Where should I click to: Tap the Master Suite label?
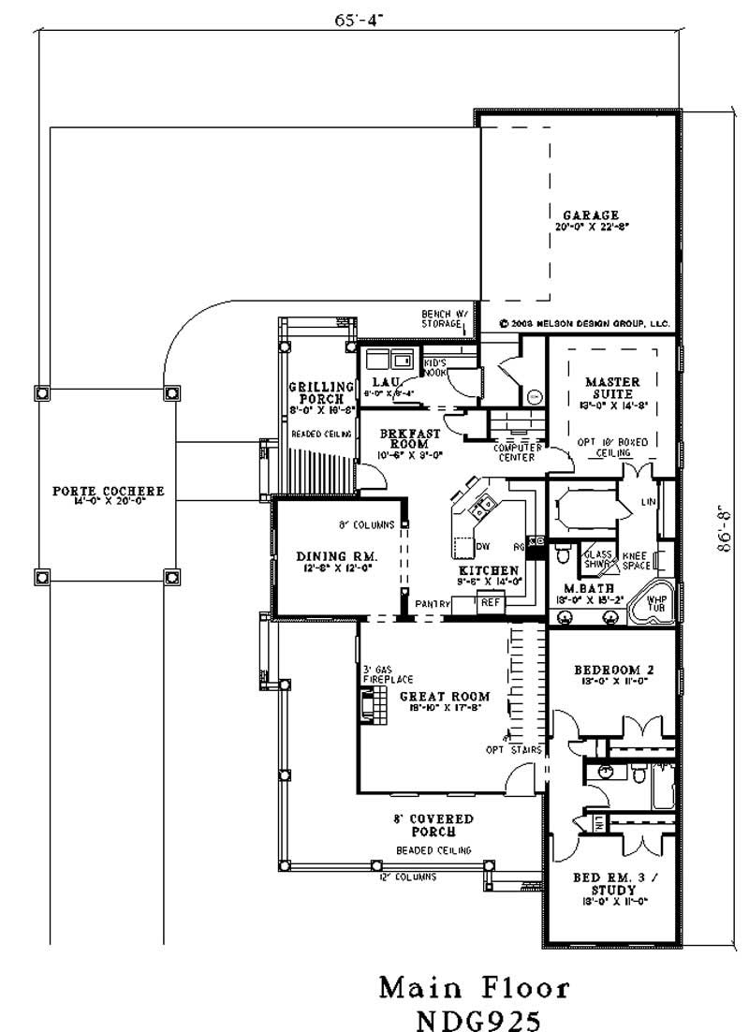point(612,388)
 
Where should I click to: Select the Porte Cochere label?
point(108,491)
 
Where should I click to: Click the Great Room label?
point(445,697)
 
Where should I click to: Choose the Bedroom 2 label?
point(612,671)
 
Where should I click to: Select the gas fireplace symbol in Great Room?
point(372,704)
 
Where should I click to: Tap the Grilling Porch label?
point(320,391)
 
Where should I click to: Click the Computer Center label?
point(514,452)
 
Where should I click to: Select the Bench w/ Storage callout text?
point(441,319)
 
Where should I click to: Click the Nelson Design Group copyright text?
point(585,322)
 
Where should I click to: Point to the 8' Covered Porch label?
point(433,825)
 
